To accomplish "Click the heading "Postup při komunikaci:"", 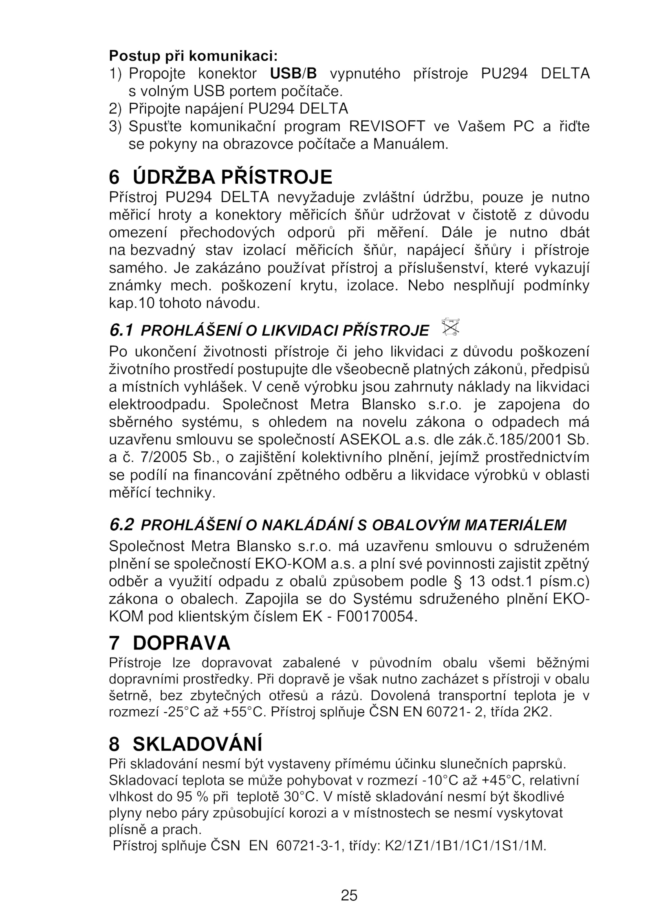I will (x=193, y=56).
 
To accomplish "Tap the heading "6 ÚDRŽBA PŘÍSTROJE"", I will (x=220, y=177).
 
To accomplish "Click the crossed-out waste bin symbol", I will (x=451, y=327).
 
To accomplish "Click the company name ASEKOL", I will (x=364, y=440).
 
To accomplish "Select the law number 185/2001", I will (x=530, y=440).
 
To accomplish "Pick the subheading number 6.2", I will (x=121, y=525).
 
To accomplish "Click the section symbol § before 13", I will (x=457, y=581).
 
